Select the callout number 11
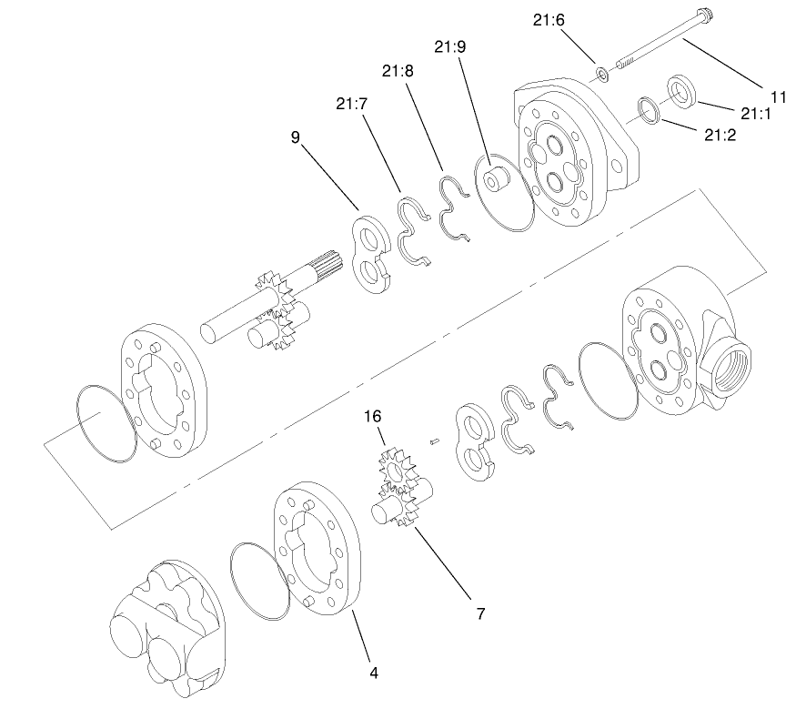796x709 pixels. pyautogui.click(x=778, y=96)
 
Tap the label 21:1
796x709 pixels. pyautogui.click(x=756, y=114)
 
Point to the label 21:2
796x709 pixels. pyautogui.click(x=720, y=135)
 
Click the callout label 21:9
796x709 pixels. pyautogui.click(x=452, y=46)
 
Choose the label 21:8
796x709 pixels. pyautogui.click(x=398, y=70)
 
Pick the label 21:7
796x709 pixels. pyautogui.click(x=350, y=104)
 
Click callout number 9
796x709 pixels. pyautogui.click(x=295, y=138)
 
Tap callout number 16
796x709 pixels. pyautogui.click(x=373, y=417)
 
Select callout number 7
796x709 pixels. pyautogui.click(x=479, y=613)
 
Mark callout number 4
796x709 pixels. pyautogui.click(x=374, y=673)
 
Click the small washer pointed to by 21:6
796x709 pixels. pyautogui.click(x=601, y=72)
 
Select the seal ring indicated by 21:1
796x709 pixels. pyautogui.click(x=682, y=90)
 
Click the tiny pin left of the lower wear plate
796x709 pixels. pyautogui.click(x=436, y=441)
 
